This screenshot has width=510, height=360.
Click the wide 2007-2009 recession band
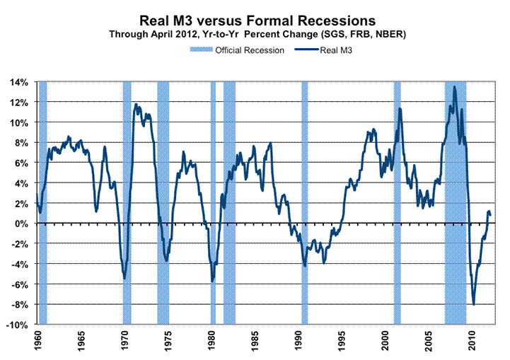pos(455,212)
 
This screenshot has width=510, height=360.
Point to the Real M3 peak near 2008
pos(454,87)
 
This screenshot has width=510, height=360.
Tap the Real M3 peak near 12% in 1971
pos(137,105)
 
